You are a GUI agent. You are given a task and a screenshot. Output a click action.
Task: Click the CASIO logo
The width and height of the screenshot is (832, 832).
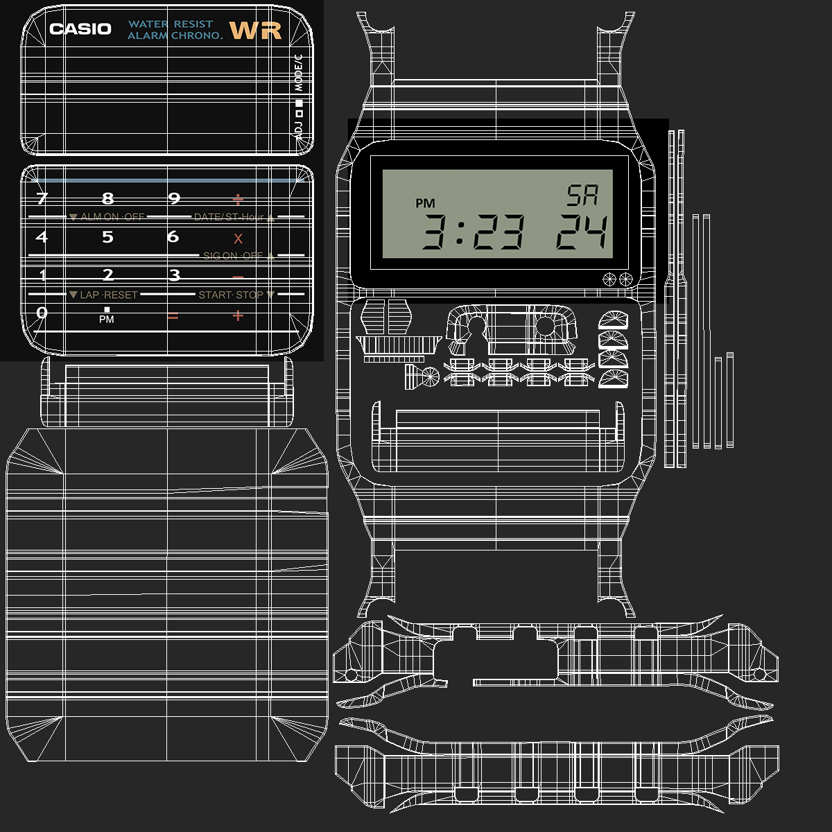click(80, 29)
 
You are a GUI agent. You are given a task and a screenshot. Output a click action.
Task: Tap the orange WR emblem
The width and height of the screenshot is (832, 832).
click(255, 31)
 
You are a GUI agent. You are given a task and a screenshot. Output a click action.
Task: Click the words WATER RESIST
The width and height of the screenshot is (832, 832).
click(171, 24)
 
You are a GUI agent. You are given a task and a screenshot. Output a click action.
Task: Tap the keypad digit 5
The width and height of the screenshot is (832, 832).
click(107, 237)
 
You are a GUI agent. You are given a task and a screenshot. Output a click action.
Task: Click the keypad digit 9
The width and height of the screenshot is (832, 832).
click(174, 199)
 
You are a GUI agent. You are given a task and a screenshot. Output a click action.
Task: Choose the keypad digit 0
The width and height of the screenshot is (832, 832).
click(42, 313)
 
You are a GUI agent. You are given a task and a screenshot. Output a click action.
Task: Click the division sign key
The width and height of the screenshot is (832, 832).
click(238, 200)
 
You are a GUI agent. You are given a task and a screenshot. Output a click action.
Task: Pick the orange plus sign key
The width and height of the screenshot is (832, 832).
click(238, 316)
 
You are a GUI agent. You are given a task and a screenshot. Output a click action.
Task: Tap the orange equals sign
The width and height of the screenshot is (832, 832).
click(173, 317)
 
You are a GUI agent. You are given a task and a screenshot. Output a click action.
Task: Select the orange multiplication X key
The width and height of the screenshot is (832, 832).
click(238, 239)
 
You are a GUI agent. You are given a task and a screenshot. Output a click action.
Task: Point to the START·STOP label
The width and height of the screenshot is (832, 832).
click(231, 295)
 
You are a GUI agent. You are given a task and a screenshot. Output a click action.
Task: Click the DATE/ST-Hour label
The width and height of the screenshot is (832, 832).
click(229, 217)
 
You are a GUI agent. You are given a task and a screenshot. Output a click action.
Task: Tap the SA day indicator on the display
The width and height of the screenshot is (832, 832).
click(582, 197)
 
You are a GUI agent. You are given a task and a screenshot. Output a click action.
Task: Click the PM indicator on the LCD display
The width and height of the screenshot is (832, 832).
click(425, 203)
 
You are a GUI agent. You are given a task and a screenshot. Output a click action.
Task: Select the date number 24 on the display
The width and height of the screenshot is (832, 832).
click(582, 232)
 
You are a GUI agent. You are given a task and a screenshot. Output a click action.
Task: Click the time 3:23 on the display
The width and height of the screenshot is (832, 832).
click(474, 232)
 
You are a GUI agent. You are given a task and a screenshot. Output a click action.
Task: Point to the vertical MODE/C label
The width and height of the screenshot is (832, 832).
click(299, 73)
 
